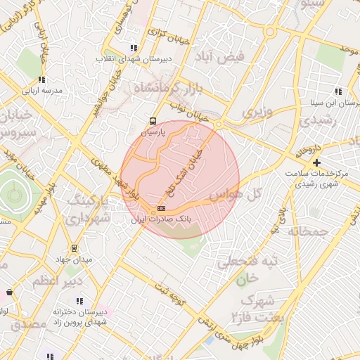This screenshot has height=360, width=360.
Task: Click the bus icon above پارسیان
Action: click(x=154, y=121)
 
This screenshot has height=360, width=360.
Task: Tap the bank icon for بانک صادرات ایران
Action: click(x=161, y=209)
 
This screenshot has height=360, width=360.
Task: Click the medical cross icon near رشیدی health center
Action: click(x=316, y=162)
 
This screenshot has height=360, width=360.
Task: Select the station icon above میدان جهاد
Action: click(x=74, y=248)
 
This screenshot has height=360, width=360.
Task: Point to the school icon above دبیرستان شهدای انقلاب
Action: click(x=134, y=48)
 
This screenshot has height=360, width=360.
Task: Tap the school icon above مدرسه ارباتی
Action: click(x=41, y=79)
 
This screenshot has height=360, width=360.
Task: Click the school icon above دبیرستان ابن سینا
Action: click(x=338, y=91)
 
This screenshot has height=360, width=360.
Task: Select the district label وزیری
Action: click(x=257, y=111)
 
